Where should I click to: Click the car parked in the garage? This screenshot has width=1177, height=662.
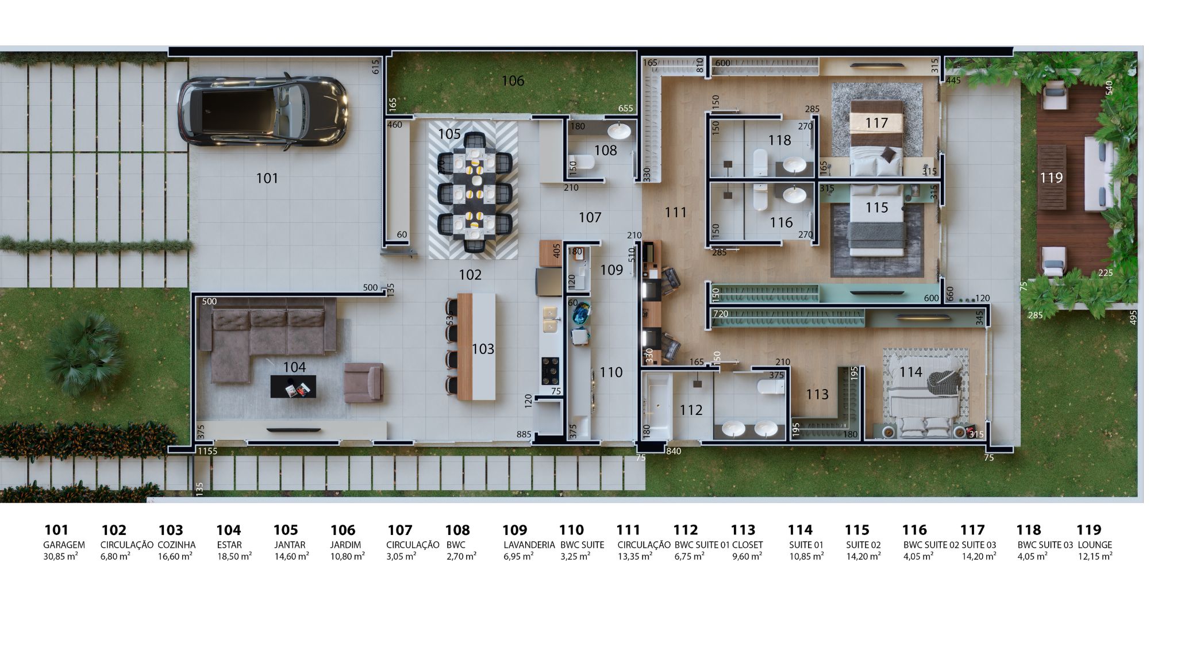(x=263, y=111)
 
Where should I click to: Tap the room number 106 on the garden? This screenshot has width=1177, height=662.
(x=513, y=81)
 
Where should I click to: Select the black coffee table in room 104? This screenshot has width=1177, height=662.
(x=293, y=386)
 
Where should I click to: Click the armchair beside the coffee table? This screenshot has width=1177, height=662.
(x=363, y=382)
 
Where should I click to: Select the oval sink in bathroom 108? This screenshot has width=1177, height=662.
(x=619, y=131)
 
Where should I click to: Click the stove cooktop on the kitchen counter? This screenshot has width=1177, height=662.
(x=551, y=371)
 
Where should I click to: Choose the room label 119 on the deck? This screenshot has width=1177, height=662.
(x=1051, y=178)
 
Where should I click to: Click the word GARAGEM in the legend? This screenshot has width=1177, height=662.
(x=64, y=545)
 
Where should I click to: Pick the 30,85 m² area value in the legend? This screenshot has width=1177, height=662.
(x=60, y=556)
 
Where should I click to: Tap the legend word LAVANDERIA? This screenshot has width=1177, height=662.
(x=529, y=545)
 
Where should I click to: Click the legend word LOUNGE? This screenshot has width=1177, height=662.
(x=1095, y=545)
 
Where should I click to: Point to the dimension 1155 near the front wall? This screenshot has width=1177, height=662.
(x=207, y=451)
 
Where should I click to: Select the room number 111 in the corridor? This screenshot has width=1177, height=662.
(x=676, y=213)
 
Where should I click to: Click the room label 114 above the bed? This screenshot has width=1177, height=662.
(x=911, y=372)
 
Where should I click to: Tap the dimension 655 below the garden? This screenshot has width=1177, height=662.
(x=625, y=108)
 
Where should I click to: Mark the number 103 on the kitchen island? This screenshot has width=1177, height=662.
(x=483, y=349)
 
